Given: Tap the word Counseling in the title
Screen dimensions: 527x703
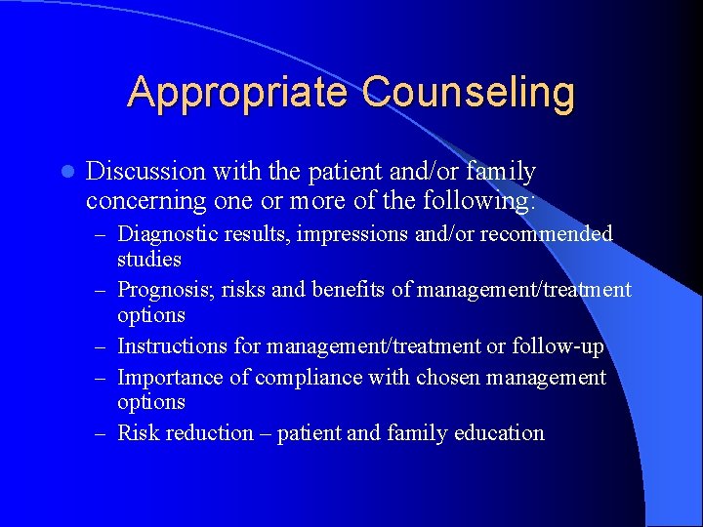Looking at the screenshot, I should coord(469,93).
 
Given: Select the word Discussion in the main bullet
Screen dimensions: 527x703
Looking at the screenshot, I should coord(145,172).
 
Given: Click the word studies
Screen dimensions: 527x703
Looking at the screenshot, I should coord(149,260).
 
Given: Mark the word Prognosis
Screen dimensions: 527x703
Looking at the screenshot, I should coord(163,290).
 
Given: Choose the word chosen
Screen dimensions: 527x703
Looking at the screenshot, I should coord(433,378).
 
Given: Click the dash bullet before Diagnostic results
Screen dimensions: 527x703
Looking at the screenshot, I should coord(103,235).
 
